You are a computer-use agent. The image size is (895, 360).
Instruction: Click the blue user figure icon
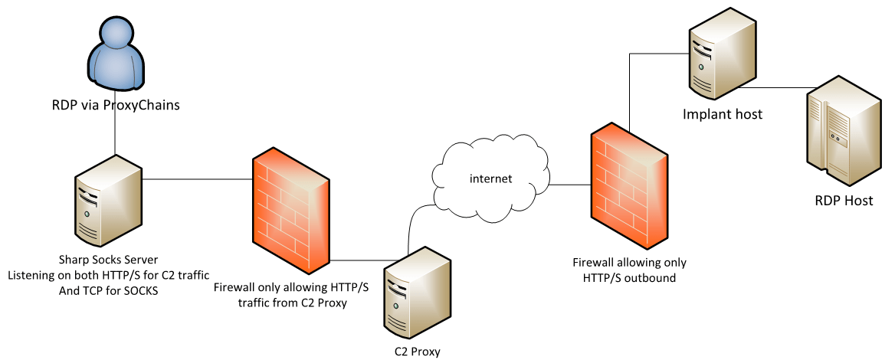click(x=115, y=54)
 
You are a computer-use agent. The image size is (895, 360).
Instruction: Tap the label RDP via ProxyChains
click(x=115, y=106)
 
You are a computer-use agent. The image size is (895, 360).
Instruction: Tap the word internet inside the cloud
click(x=490, y=178)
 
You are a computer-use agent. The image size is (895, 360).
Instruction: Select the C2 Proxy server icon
click(x=415, y=295)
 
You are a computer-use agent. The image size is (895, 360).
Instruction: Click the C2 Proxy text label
click(x=415, y=352)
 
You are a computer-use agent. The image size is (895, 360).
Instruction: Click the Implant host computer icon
click(x=720, y=58)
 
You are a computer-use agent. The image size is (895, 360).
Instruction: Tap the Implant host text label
click(x=720, y=115)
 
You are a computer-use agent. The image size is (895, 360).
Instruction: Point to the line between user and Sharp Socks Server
click(x=115, y=134)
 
